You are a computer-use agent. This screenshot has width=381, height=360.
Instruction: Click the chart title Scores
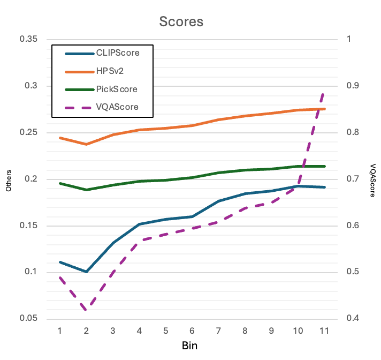coord(181,21)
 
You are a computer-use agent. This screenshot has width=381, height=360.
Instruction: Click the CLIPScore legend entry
coord(117,53)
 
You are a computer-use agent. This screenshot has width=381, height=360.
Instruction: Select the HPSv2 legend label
coord(110,71)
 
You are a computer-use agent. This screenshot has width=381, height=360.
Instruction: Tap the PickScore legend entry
coord(117,89)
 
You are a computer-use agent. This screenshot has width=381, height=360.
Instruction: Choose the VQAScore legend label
coord(117,107)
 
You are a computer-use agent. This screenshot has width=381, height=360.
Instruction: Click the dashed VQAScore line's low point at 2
coord(86,309)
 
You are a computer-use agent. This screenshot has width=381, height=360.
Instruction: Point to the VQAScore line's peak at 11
coord(323,93)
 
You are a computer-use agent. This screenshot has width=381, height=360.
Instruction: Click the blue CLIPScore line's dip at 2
coord(86,272)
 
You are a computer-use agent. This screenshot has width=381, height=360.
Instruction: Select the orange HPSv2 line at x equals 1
coord(60,138)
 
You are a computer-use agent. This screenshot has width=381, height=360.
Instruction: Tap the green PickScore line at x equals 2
coord(86,190)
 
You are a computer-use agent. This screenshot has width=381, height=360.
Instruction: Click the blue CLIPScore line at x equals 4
coord(139,224)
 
